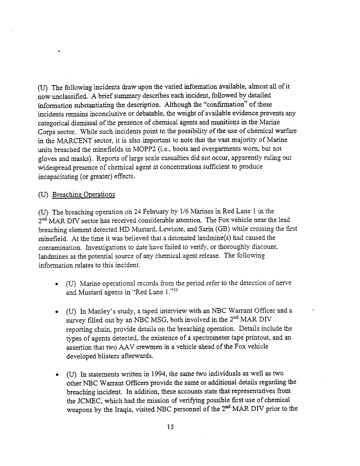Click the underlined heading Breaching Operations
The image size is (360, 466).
click(83, 194)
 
